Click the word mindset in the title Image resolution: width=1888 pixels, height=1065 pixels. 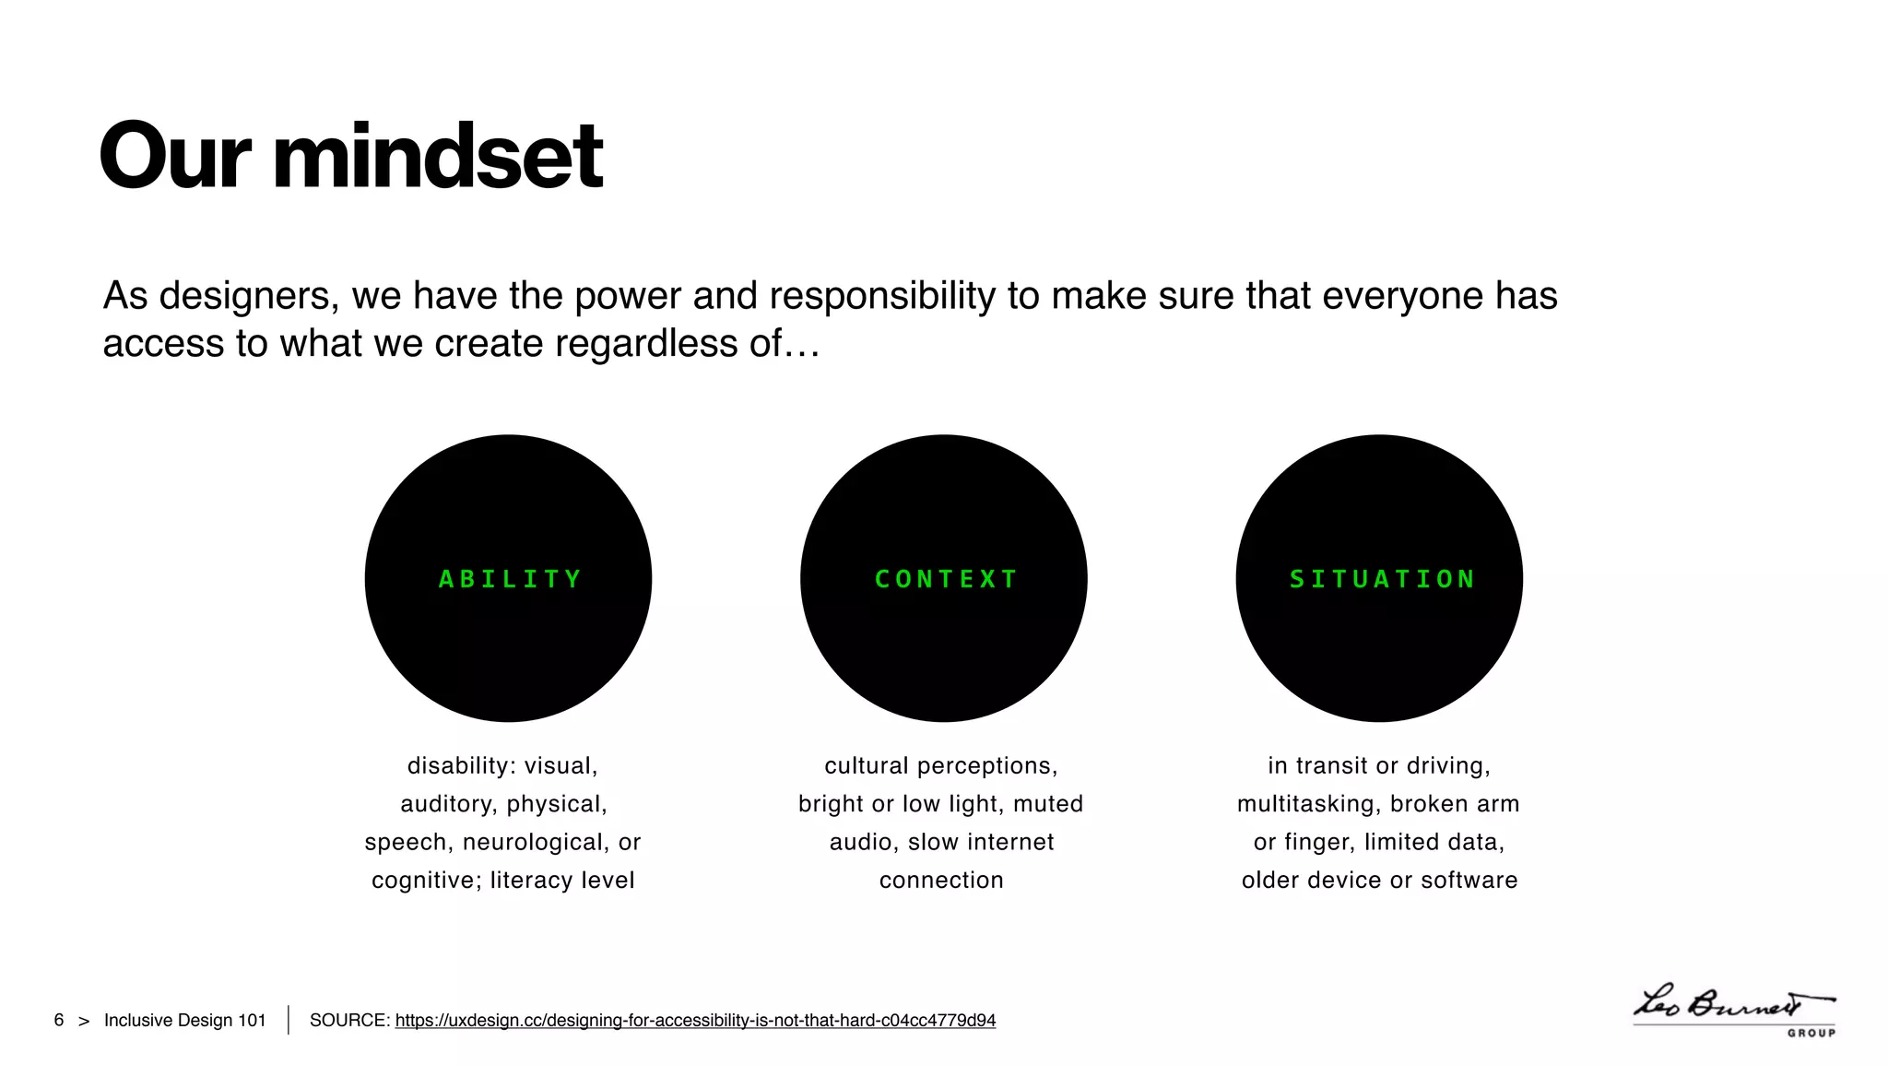pyautogui.click(x=438, y=157)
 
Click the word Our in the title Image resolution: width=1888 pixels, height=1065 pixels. pyautogui.click(x=174, y=157)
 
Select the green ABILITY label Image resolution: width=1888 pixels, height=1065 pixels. pyautogui.click(x=510, y=579)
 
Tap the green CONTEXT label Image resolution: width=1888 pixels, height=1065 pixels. pyautogui.click(x=946, y=579)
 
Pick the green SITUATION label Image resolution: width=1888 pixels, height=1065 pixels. pyautogui.click(x=1382, y=579)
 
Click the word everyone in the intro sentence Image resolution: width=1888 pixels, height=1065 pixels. pyautogui.click(x=1402, y=297)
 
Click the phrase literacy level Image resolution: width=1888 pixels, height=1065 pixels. pyautogui.click(x=562, y=881)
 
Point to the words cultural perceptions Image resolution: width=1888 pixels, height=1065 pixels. pyautogui.click(x=940, y=766)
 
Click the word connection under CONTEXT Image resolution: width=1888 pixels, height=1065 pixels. pyautogui.click(x=941, y=881)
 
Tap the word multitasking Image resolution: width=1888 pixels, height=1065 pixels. pyautogui.click(x=1306, y=804)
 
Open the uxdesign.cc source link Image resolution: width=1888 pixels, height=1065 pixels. pyautogui.click(x=695, y=1021)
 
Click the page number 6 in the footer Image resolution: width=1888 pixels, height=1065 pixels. pyautogui.click(x=59, y=1021)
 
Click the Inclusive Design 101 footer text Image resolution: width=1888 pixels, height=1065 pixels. pyautogui.click(x=184, y=1021)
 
